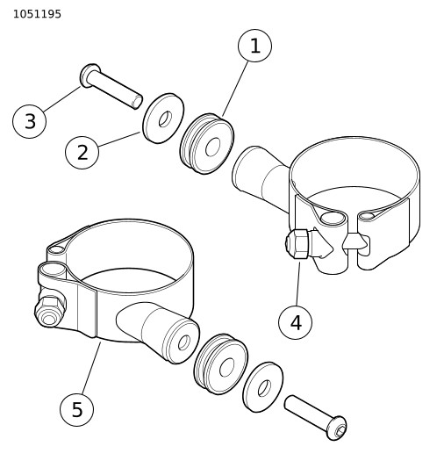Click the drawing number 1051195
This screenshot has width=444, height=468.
pyautogui.click(x=37, y=14)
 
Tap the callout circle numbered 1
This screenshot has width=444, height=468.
pyautogui.click(x=254, y=46)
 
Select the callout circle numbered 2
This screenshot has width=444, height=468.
pyautogui.click(x=82, y=152)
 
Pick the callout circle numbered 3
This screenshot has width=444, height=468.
pyautogui.click(x=29, y=121)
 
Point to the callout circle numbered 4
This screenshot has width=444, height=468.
pyautogui.click(x=295, y=322)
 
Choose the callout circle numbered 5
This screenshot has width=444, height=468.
pyautogui.click(x=76, y=409)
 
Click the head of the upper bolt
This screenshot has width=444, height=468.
pyautogui.click(x=89, y=76)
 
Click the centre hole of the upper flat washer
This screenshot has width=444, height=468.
pyautogui.click(x=165, y=119)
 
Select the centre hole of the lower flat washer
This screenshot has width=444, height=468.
pyautogui.click(x=264, y=388)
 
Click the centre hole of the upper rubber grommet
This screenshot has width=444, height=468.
pyautogui.click(x=212, y=147)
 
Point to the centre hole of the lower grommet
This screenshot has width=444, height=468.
pyautogui.click(x=226, y=367)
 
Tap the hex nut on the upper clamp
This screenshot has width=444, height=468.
pyautogui.click(x=297, y=244)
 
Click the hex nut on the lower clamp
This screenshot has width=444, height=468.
pyautogui.click(x=50, y=311)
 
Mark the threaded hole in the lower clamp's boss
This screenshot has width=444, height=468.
pyautogui.click(x=184, y=342)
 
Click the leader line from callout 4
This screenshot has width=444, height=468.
pyautogui.click(x=298, y=284)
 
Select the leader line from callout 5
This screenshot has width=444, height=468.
pyautogui.click(x=91, y=367)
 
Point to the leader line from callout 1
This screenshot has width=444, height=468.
pyautogui.click(x=235, y=89)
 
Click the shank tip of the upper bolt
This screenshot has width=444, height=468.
pyautogui.click(x=137, y=102)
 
